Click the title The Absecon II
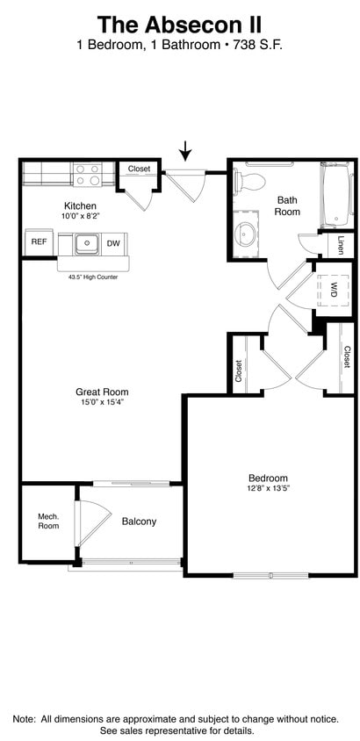point(179,25)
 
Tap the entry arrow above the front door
point(186,151)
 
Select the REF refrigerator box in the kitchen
point(39,242)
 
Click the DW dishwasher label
point(114,243)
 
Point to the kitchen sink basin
point(86,243)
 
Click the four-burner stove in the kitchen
point(88,174)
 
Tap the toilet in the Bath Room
point(250,180)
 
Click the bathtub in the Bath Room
point(336,194)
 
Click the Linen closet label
point(341,245)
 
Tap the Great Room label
point(102,392)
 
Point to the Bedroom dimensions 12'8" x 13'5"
point(269,489)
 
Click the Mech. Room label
point(48,521)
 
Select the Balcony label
point(139,522)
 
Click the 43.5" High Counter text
point(93,277)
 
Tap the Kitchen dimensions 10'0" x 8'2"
point(82,215)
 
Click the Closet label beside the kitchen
point(139,169)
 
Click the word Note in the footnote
point(24,720)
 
